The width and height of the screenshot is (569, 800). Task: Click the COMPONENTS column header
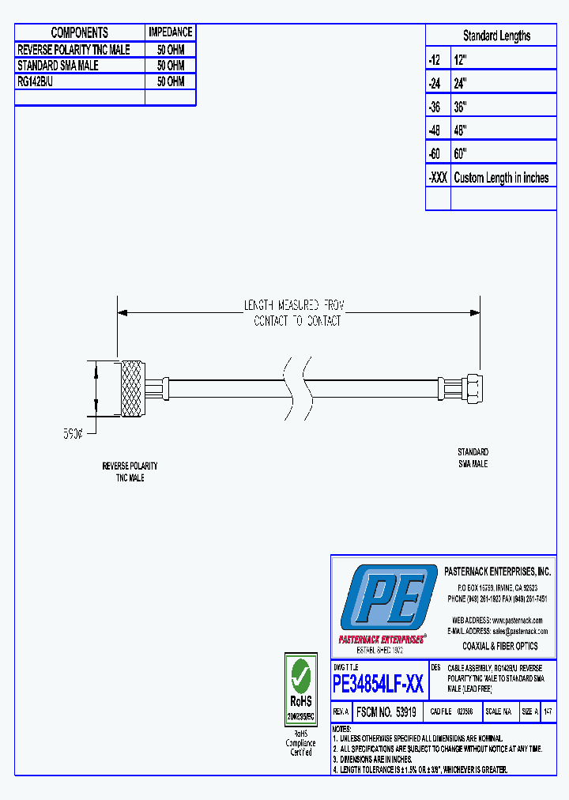coord(80,32)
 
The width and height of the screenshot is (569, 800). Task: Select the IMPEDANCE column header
coord(170,32)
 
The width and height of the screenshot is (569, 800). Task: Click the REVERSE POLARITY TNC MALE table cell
coord(73,49)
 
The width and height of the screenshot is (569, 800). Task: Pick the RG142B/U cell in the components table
coord(36,81)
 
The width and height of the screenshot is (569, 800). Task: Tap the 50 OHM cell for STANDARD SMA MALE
coord(170,66)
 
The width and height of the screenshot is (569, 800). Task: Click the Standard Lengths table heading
coord(496,36)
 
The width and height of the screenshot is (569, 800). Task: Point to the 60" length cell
coord(461,154)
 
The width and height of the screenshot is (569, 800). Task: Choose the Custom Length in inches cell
coord(501,178)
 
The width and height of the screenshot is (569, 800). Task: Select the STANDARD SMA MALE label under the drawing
coord(473,458)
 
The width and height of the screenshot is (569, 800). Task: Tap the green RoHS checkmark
coord(300,675)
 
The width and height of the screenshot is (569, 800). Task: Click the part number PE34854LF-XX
coord(379,683)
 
